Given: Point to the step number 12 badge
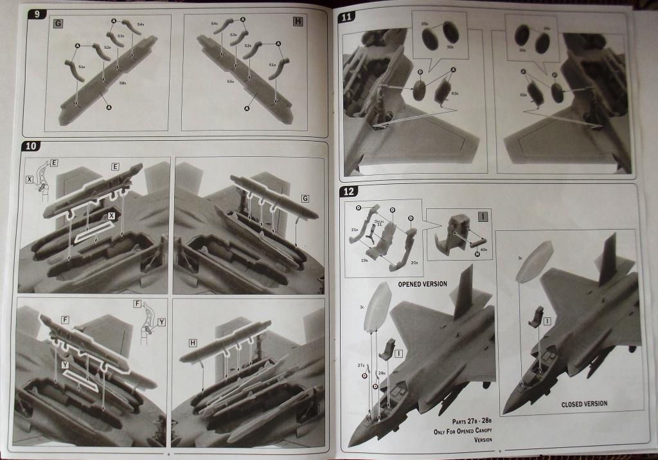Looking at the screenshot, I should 350,191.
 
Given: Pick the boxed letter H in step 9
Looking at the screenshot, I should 297,23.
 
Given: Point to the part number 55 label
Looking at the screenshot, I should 230,82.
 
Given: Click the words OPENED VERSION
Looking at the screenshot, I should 422,284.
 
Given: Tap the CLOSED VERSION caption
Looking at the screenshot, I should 585,404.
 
